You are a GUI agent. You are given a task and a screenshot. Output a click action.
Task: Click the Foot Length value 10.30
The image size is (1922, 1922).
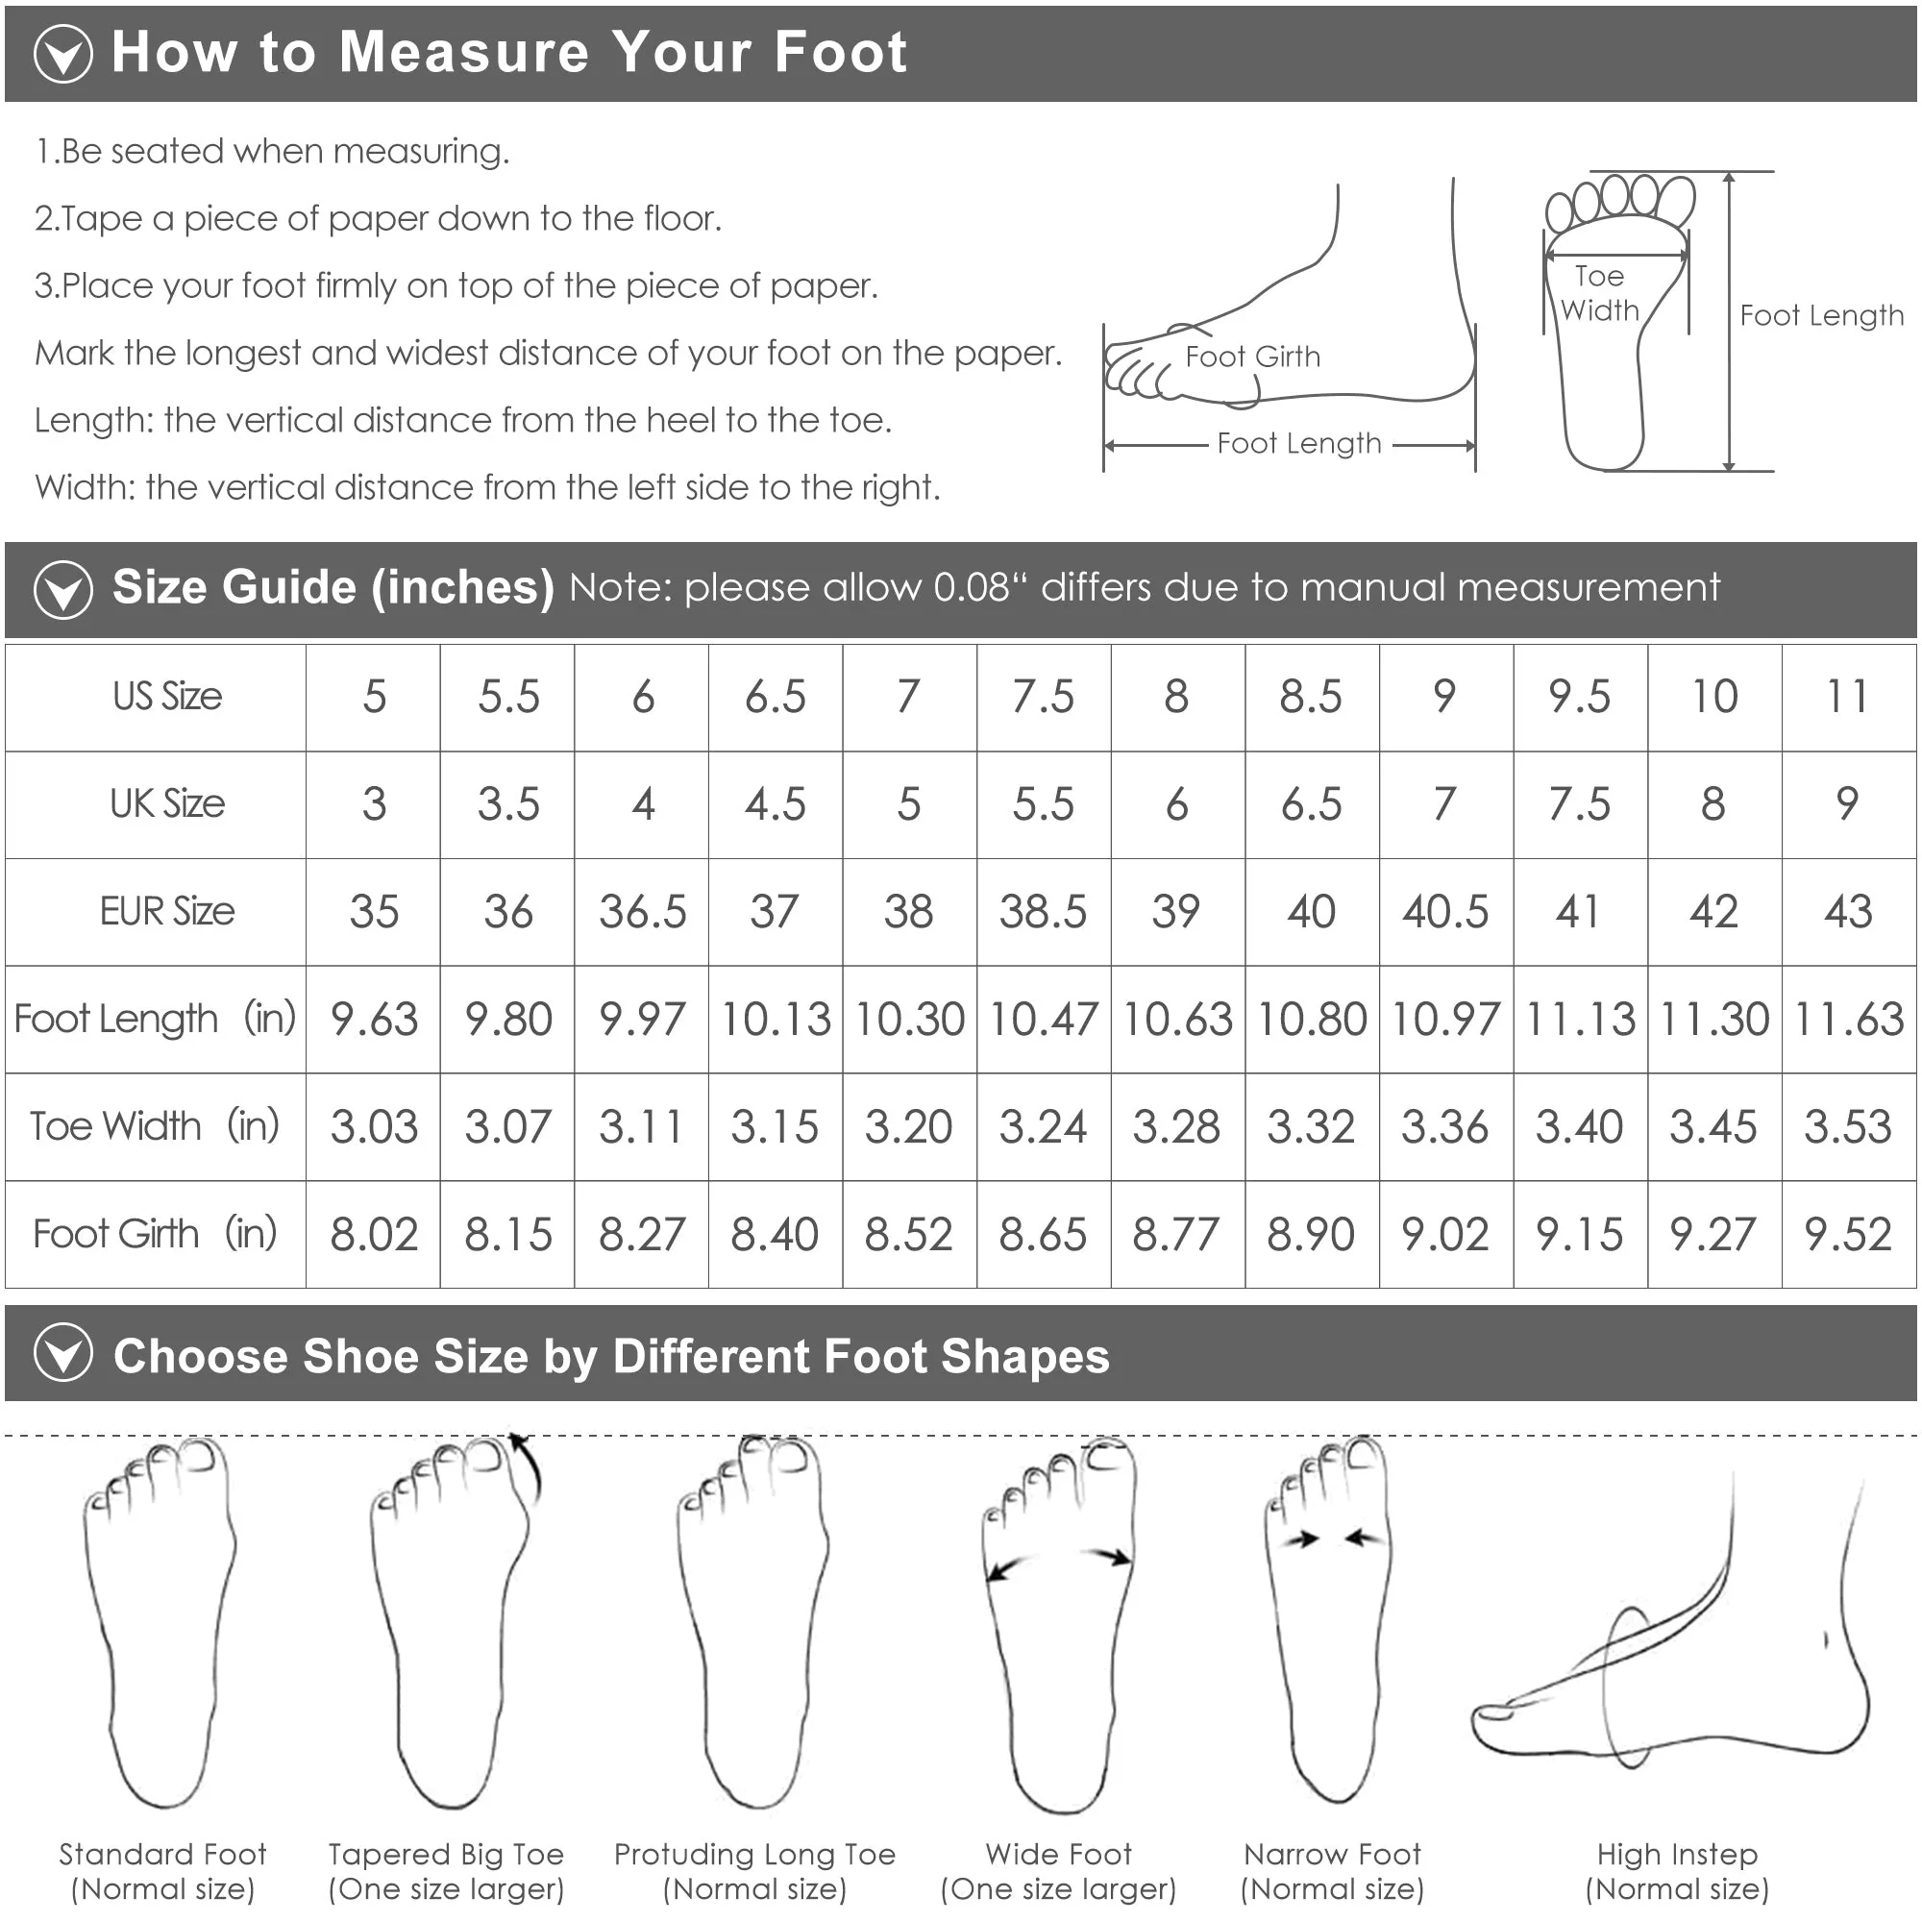click(x=909, y=1019)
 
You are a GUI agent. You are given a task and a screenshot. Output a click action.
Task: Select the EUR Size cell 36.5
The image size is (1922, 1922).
click(x=643, y=911)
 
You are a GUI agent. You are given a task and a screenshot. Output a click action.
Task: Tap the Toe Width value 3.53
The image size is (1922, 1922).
click(x=1847, y=1126)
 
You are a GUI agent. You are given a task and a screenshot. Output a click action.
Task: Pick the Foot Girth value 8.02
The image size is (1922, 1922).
click(x=374, y=1234)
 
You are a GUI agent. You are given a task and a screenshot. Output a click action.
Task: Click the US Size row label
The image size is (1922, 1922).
click(x=167, y=697)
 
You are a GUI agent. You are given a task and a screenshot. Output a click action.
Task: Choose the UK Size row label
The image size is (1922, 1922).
click(x=167, y=803)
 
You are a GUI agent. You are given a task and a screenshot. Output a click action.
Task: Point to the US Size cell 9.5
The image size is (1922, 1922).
click(x=1580, y=697)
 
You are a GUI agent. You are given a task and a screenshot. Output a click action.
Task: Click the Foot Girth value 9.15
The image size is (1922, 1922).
click(x=1580, y=1234)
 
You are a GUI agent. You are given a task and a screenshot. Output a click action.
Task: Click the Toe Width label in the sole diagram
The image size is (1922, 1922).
click(x=1600, y=293)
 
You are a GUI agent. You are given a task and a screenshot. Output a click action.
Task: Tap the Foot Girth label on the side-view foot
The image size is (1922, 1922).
click(x=1252, y=357)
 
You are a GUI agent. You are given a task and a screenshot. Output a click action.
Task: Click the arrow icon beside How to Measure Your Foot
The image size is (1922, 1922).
click(x=63, y=53)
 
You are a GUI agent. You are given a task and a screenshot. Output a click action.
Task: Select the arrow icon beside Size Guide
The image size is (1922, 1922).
click(x=63, y=589)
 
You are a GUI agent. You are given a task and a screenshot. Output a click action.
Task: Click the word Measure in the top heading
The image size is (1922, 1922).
click(x=463, y=52)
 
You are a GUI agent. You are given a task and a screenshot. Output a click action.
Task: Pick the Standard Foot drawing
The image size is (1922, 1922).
click(x=160, y=1621)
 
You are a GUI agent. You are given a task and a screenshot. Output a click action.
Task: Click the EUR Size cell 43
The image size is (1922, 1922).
click(x=1847, y=911)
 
